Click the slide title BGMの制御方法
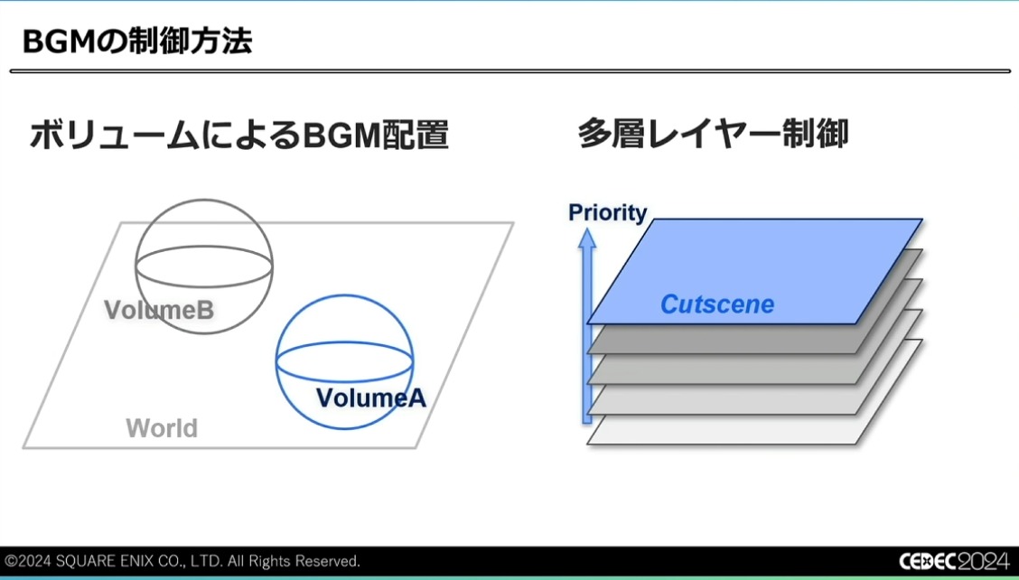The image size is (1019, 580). coord(137,41)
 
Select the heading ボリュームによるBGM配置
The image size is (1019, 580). coord(239,136)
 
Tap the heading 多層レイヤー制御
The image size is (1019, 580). coord(713,135)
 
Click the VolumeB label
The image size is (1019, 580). coord(159,310)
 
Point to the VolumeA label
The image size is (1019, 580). coord(371,398)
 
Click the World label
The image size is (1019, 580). coord(162,428)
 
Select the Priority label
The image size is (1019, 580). coord(608,212)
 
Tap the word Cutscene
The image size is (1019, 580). coord(717,304)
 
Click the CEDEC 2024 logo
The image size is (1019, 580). coord(955,560)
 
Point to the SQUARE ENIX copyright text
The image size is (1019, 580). coord(182,560)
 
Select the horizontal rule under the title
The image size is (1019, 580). coord(510,70)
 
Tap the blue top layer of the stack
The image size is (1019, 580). coord(754,270)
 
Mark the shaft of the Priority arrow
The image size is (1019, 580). coord(587,335)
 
